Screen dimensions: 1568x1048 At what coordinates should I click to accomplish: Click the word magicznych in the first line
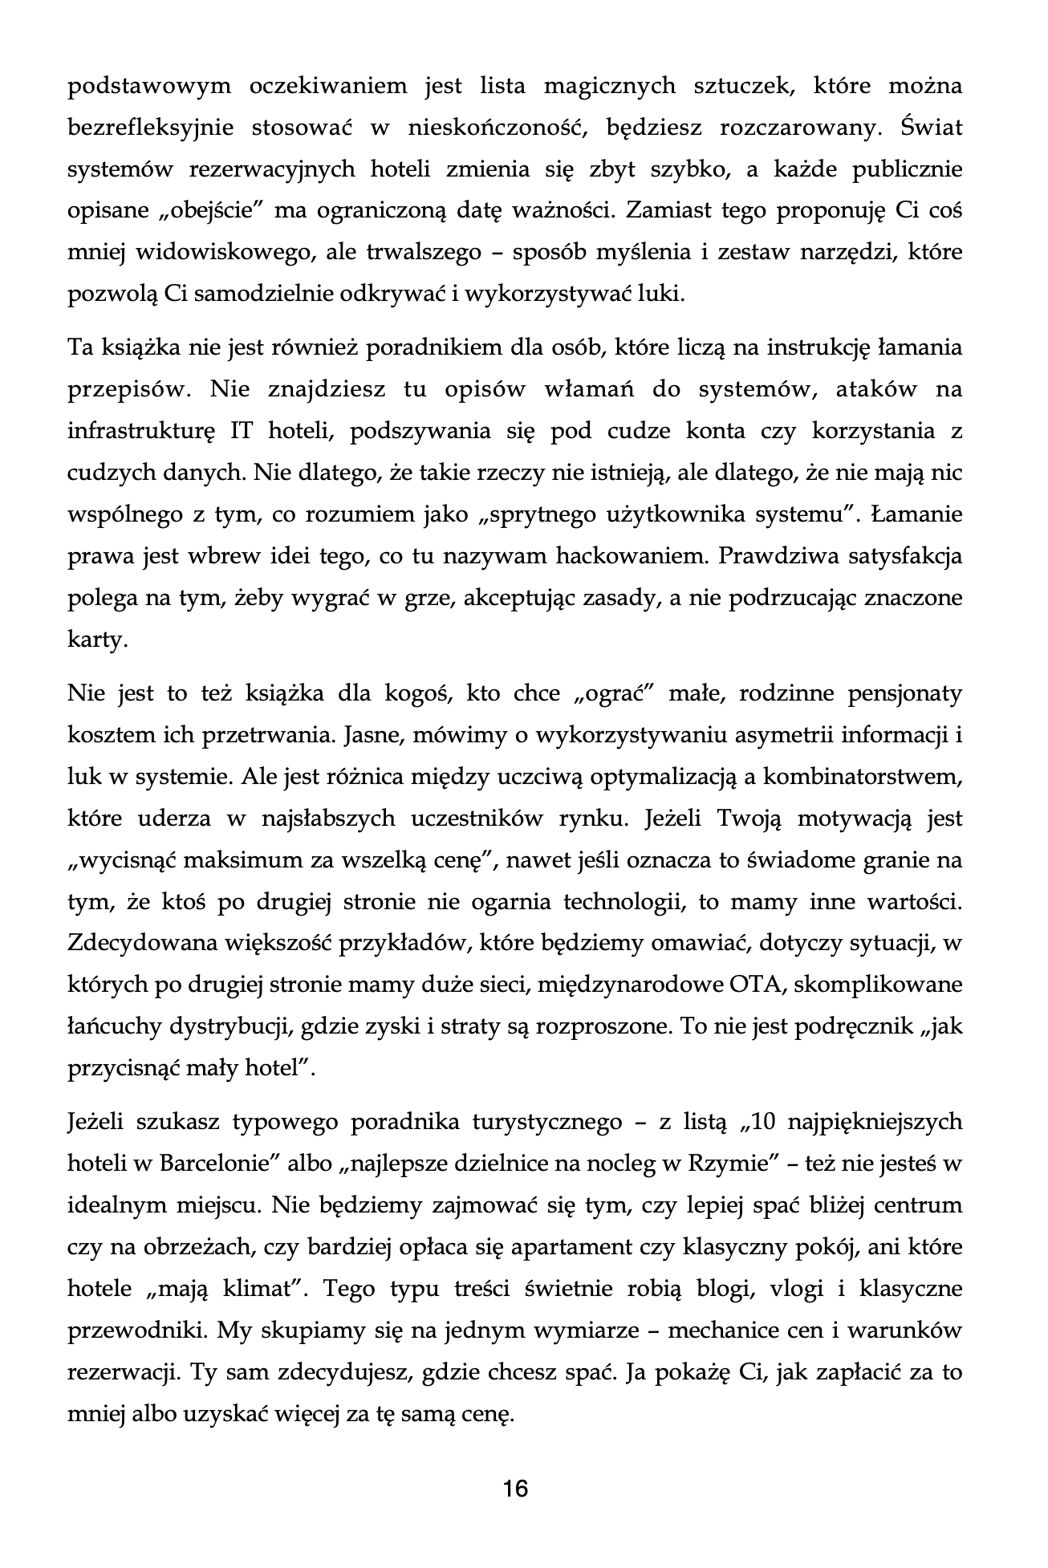pyautogui.click(x=609, y=87)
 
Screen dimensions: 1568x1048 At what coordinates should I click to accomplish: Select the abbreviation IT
pyautogui.click(x=242, y=432)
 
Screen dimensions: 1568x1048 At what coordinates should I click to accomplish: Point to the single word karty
pyautogui.click(x=98, y=640)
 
